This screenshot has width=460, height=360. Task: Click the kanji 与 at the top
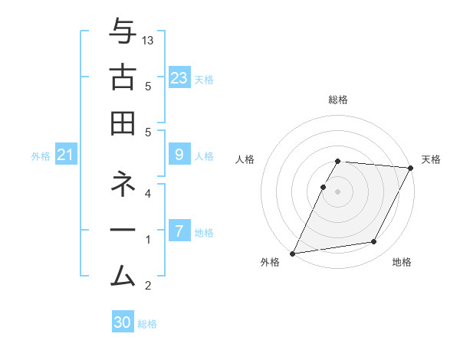[x=123, y=33]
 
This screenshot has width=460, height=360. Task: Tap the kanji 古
[x=123, y=77]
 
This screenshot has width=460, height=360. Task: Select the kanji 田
[x=123, y=123]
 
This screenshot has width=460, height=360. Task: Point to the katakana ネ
[x=123, y=185]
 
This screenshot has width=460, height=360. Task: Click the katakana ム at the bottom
[x=123, y=274]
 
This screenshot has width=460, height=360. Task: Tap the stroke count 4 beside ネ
[x=148, y=194]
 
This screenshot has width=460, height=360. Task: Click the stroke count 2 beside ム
[x=148, y=286]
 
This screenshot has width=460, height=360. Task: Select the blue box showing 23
[x=179, y=78]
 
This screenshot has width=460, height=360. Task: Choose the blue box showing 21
[x=66, y=155]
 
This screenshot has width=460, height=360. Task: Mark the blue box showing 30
[x=123, y=322]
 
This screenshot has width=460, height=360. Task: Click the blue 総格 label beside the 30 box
[x=147, y=324]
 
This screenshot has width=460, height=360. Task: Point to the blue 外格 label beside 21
[x=41, y=156]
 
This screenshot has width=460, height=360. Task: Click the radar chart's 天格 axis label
[x=431, y=159]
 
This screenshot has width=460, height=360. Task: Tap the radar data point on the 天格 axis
[x=411, y=168]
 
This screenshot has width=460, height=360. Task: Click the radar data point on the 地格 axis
[x=374, y=242]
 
